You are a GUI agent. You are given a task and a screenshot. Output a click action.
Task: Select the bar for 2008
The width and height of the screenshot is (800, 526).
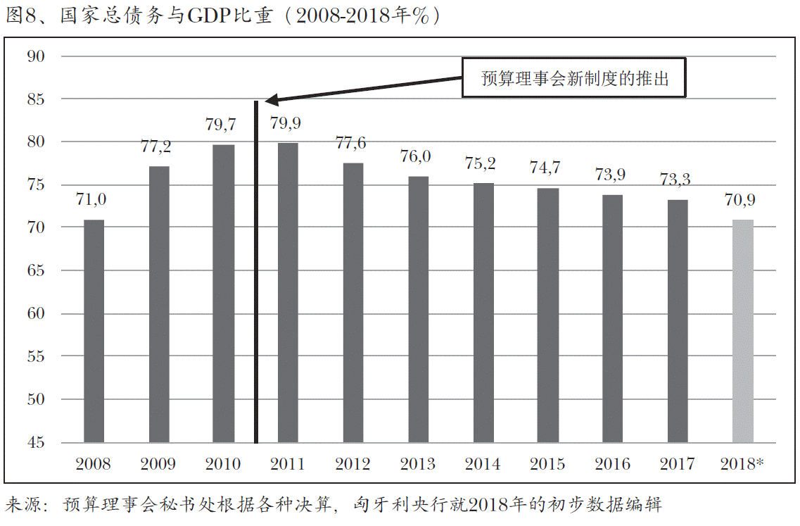[x=94, y=331]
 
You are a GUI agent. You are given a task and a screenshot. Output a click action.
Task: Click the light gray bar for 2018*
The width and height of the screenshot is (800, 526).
[x=742, y=331]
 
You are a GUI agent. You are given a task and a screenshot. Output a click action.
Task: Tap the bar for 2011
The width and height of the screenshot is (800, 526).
[x=288, y=293]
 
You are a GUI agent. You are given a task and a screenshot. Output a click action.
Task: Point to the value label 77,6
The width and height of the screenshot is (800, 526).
[x=350, y=143]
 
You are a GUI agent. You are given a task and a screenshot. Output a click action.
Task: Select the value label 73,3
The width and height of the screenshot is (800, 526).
[x=675, y=180]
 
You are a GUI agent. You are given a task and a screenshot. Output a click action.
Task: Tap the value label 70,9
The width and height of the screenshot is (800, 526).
[x=739, y=200]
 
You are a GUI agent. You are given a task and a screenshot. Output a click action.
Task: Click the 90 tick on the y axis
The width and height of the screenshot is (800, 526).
[x=35, y=56]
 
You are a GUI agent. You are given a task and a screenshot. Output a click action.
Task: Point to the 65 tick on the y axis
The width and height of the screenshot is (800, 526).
[x=35, y=271]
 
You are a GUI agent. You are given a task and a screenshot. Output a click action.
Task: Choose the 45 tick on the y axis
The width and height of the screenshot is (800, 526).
[x=35, y=443]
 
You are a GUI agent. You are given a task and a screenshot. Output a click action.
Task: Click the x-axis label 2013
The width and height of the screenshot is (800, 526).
[x=418, y=464]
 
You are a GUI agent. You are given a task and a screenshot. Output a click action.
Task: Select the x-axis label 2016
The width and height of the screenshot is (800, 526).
[x=612, y=464]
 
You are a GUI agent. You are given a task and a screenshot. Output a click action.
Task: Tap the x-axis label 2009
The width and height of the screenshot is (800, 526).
[x=158, y=464]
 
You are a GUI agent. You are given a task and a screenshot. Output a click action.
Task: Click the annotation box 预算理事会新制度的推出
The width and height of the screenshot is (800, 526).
[x=573, y=77]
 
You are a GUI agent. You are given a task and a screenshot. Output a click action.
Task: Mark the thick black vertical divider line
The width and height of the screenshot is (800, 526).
[x=256, y=282]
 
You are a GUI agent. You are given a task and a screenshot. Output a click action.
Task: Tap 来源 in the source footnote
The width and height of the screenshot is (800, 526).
[x=24, y=504]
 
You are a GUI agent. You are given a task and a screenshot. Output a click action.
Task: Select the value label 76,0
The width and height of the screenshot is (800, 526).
[x=415, y=156]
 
